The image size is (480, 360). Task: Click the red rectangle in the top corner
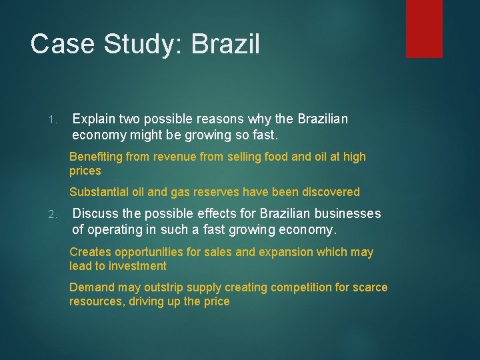click(x=425, y=28)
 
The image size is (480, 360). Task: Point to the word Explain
click(x=94, y=119)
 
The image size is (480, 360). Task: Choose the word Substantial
click(x=99, y=192)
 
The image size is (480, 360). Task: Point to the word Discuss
click(x=94, y=214)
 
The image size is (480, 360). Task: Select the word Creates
click(x=91, y=252)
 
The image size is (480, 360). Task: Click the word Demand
click(x=93, y=287)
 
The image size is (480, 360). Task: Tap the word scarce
click(x=371, y=287)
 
